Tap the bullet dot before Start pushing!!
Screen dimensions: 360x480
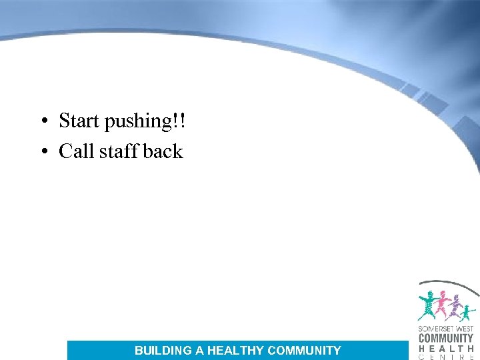click(x=42, y=121)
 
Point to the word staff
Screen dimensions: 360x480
click(x=119, y=151)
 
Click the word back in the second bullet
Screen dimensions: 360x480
click(x=163, y=151)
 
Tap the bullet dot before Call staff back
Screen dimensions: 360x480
click(x=42, y=152)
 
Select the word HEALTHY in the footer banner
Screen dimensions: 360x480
click(x=236, y=350)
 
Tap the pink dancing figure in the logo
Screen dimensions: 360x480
click(x=442, y=303)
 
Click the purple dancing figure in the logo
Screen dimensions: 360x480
click(x=457, y=306)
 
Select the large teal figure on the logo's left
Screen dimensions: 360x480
click(x=427, y=305)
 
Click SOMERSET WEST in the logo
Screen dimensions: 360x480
click(x=446, y=329)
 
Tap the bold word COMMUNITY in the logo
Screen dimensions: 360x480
click(x=446, y=338)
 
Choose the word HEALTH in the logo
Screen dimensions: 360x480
click(x=446, y=348)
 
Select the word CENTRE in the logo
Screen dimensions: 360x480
click(x=446, y=357)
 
